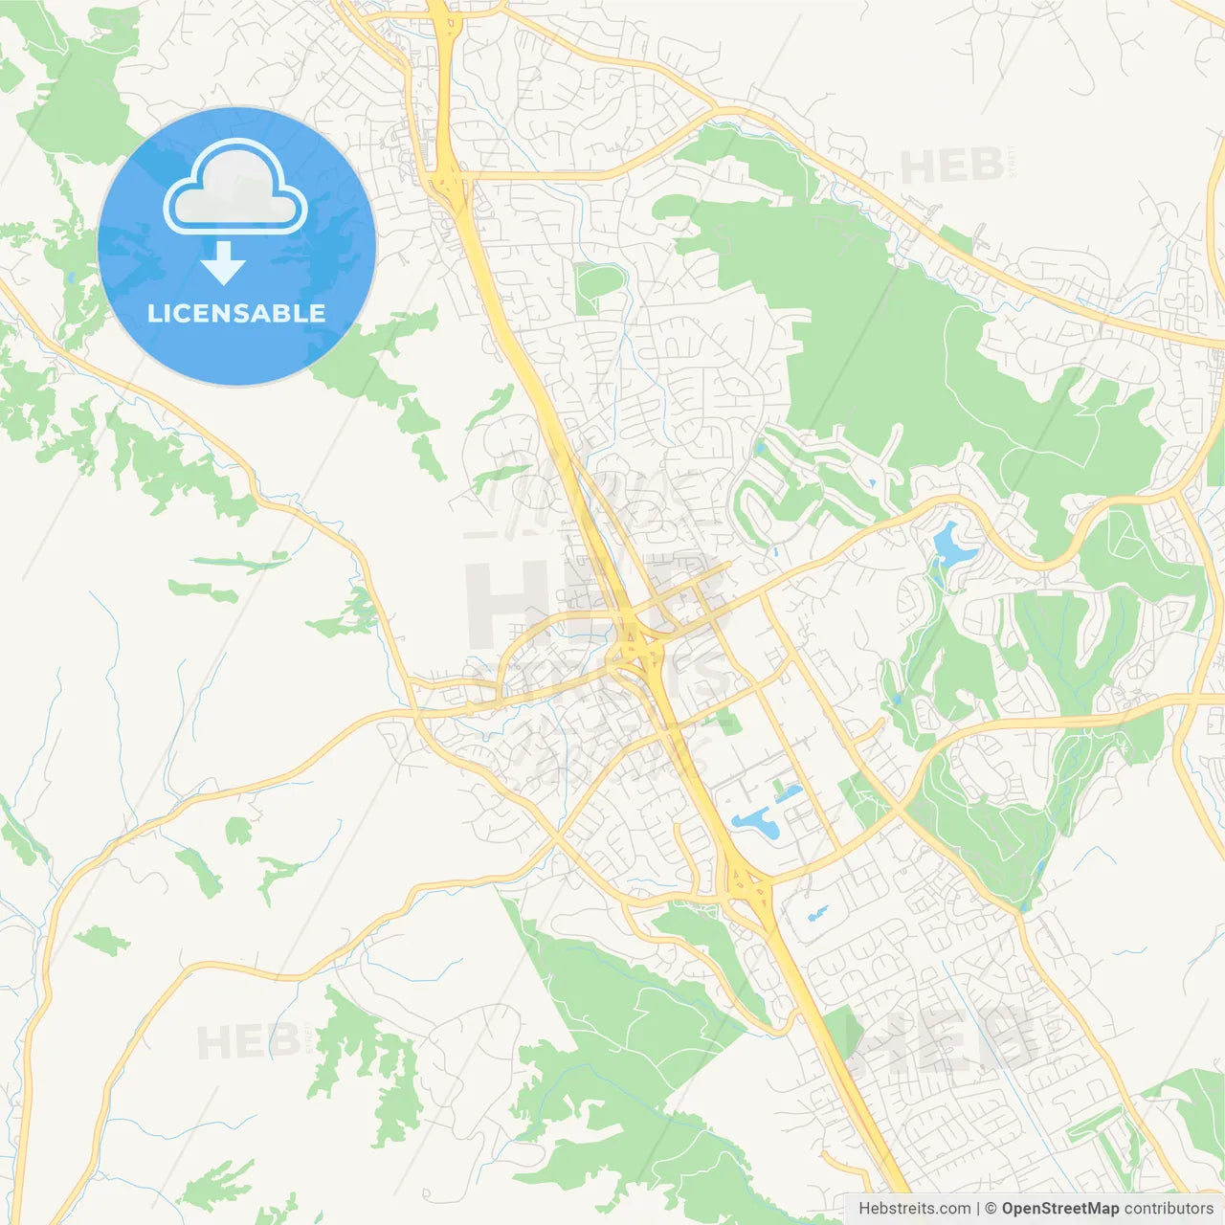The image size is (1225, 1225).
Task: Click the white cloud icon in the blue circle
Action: pyautogui.click(x=235, y=187)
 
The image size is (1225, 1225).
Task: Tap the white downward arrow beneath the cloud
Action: pyautogui.click(x=223, y=263)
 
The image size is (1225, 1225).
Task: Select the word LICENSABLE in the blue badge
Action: pyautogui.click(x=236, y=313)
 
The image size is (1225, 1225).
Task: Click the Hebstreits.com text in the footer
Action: pyautogui.click(x=914, y=1209)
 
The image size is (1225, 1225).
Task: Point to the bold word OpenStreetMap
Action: pyautogui.click(x=1060, y=1209)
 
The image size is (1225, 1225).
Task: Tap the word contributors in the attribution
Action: pyautogui.click(x=1169, y=1209)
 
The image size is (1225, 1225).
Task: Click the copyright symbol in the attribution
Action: pyautogui.click(x=991, y=1209)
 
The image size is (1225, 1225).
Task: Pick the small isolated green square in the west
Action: pyautogui.click(x=237, y=830)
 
